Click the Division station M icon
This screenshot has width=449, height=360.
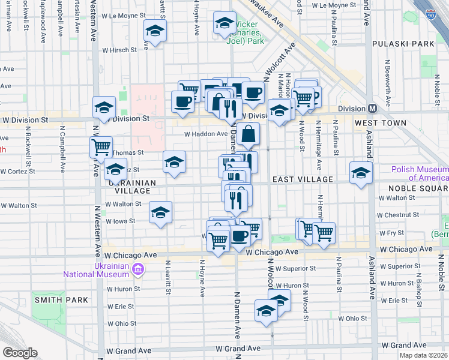tap(372, 108)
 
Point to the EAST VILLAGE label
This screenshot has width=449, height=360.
tap(303, 179)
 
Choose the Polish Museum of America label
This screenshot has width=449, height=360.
tap(420, 173)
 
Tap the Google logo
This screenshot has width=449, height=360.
tap(19, 352)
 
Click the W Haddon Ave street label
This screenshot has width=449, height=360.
tap(205, 134)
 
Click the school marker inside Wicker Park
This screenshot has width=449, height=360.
tap(225, 25)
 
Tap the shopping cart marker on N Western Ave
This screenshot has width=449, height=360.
tap(101, 146)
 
